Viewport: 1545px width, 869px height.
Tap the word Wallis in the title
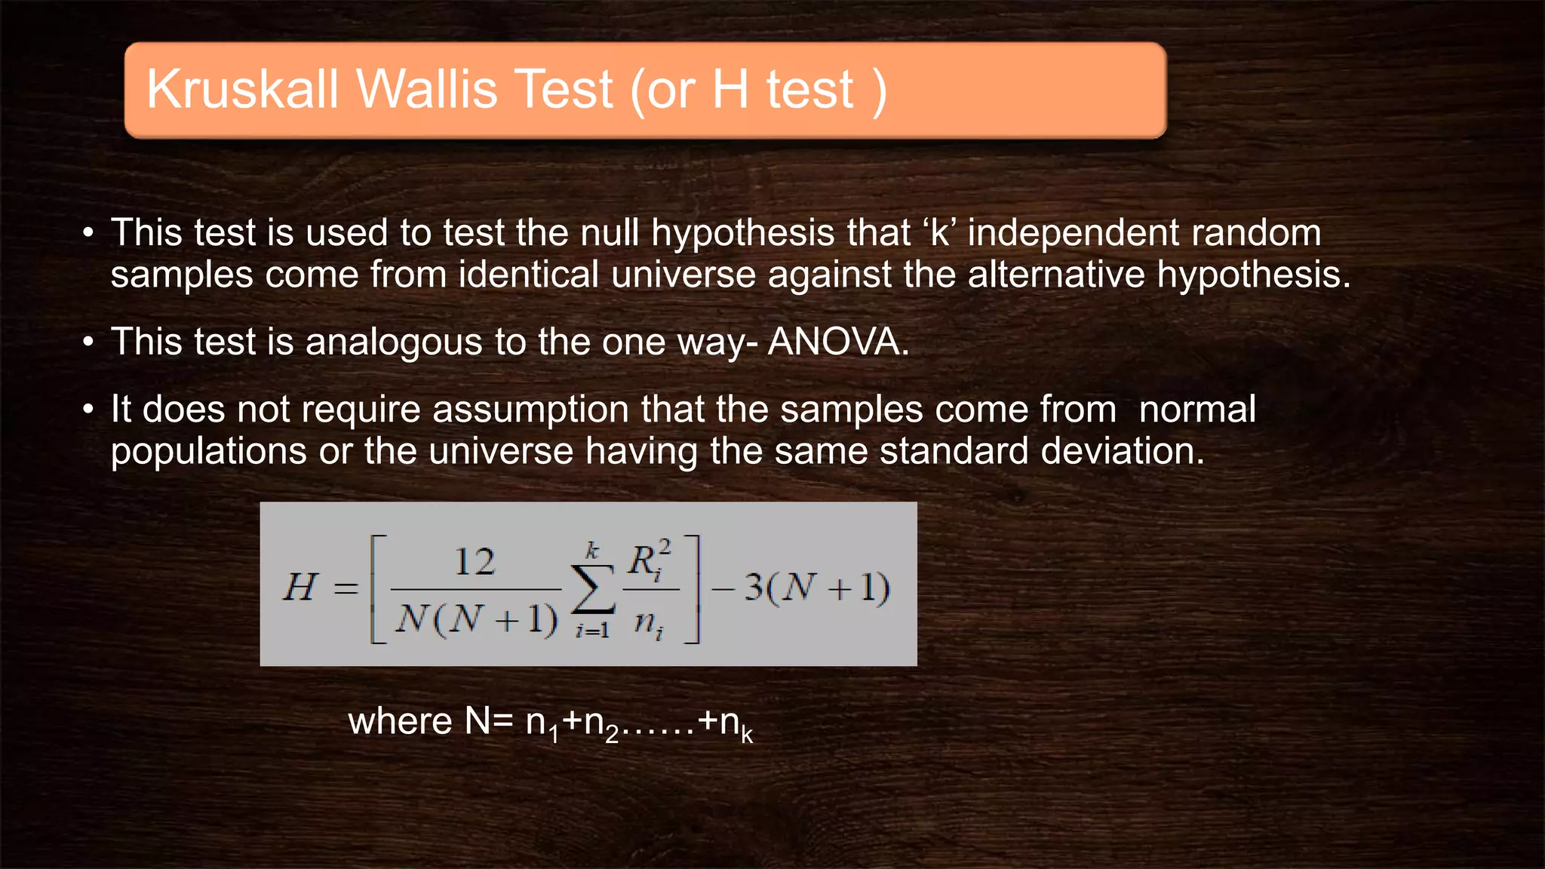pyautogui.click(x=427, y=90)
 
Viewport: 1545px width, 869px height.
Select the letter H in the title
pyautogui.click(x=729, y=90)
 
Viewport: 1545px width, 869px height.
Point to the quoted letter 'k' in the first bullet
pyautogui.click(x=939, y=232)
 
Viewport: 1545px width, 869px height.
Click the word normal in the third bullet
pyautogui.click(x=1197, y=410)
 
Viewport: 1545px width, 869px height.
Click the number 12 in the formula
pyautogui.click(x=475, y=562)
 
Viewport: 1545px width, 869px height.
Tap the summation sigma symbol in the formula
pyautogui.click(x=593, y=590)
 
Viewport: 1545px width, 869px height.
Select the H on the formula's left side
pyautogui.click(x=300, y=587)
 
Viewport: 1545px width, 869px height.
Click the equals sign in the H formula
pyautogui.click(x=346, y=588)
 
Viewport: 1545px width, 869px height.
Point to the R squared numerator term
pyautogui.click(x=649, y=560)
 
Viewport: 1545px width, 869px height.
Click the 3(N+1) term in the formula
pyautogui.click(x=816, y=588)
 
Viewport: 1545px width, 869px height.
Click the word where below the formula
pyautogui.click(x=400, y=721)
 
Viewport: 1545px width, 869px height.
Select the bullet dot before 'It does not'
pyautogui.click(x=89, y=410)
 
